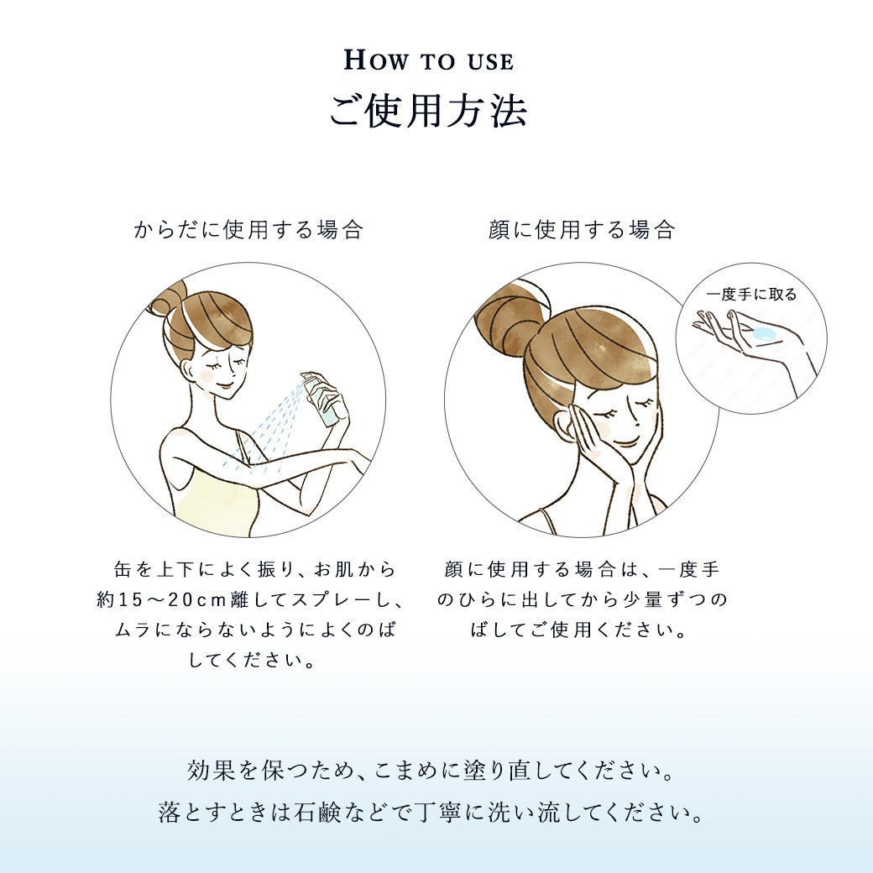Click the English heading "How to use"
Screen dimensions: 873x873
coord(428,60)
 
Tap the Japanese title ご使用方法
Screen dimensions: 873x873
coord(427,112)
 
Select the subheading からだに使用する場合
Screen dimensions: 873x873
coord(248,229)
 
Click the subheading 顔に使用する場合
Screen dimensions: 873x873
coord(582,229)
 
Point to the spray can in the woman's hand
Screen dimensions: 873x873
coord(321,398)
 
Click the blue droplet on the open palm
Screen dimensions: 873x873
coord(762,333)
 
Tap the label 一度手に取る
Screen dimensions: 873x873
coord(751,294)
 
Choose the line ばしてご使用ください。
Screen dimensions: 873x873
coord(579,630)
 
